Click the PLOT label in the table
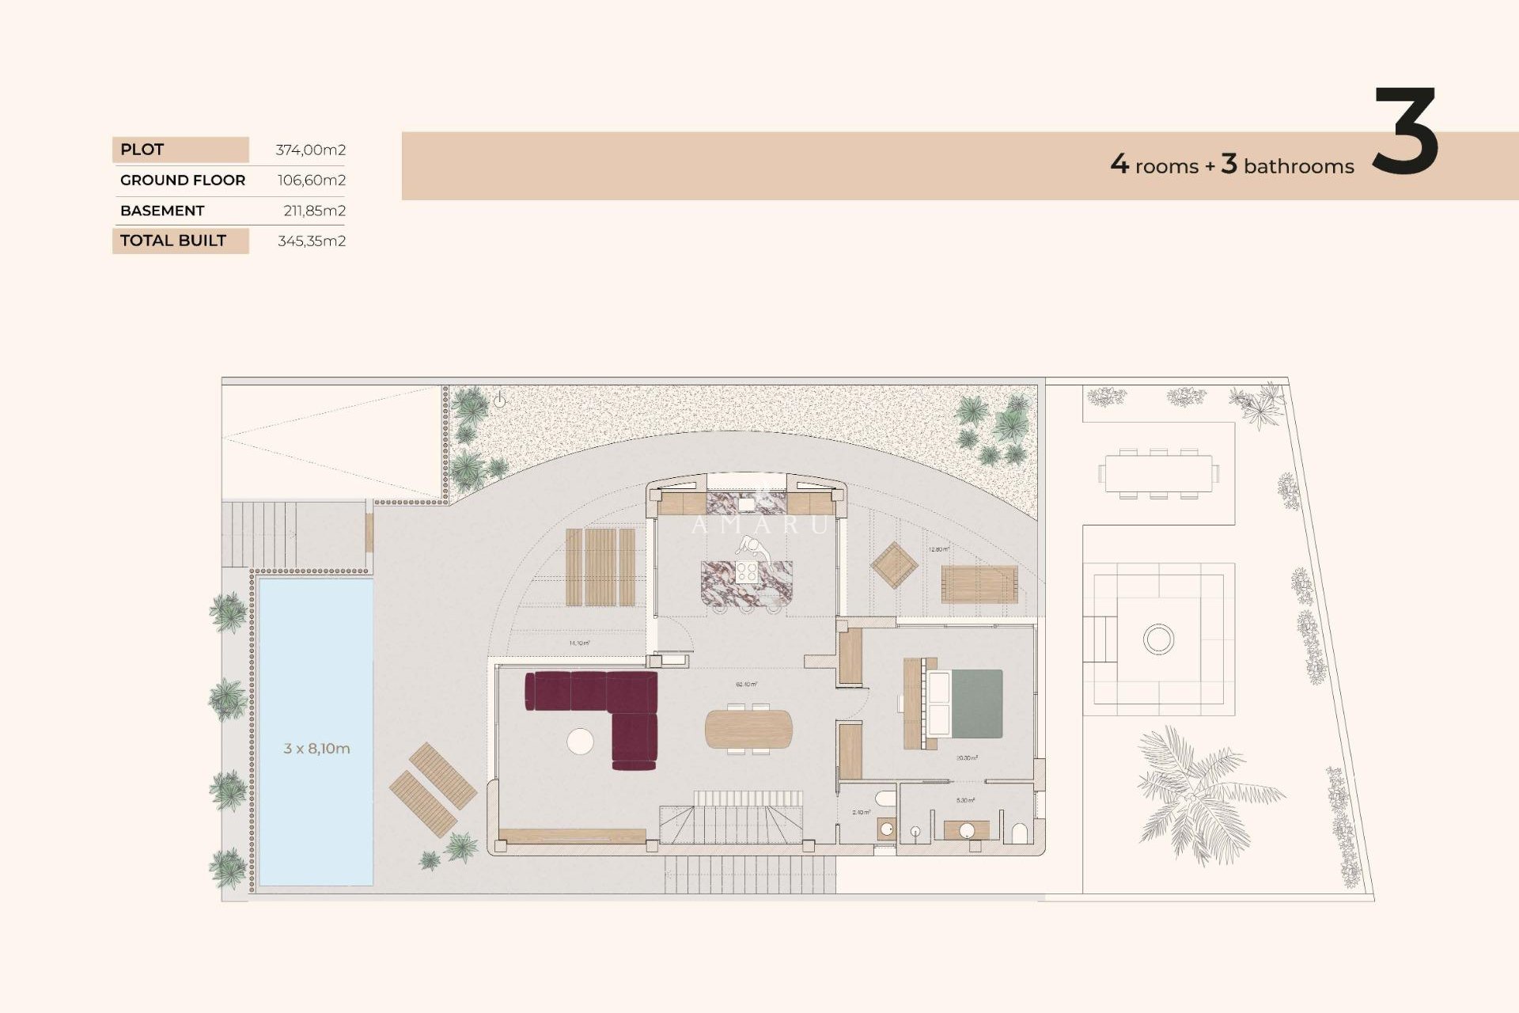(x=142, y=150)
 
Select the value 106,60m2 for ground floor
(x=311, y=180)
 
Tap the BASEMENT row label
(x=162, y=211)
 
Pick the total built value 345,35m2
(x=311, y=241)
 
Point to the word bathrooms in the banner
(x=1298, y=167)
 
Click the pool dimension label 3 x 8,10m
(x=316, y=749)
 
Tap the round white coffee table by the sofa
(x=580, y=742)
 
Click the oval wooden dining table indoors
(x=748, y=729)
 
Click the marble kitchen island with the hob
(x=745, y=583)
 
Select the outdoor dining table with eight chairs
(x=1158, y=473)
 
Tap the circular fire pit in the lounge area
(x=1158, y=639)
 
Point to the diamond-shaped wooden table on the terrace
(x=894, y=565)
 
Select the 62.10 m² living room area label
(x=746, y=684)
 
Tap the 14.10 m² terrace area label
(x=579, y=643)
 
